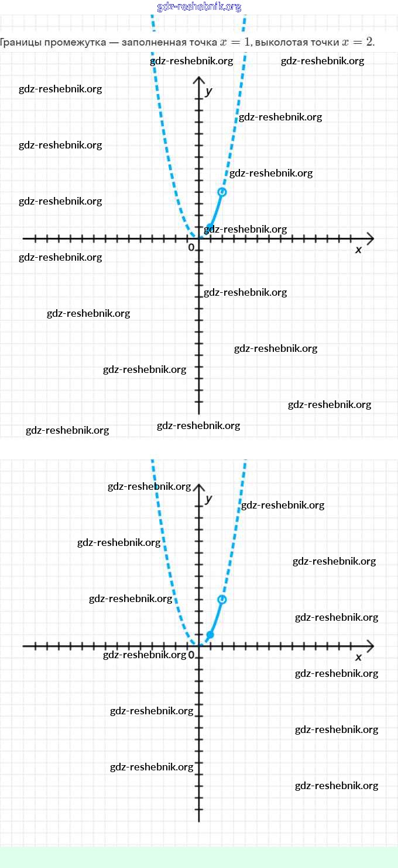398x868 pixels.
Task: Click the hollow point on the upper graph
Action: click(222, 192)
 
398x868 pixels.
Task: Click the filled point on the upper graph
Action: click(210, 227)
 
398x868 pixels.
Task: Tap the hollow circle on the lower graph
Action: click(222, 599)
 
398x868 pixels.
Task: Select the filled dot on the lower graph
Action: click(210, 634)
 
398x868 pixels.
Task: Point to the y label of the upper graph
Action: click(209, 91)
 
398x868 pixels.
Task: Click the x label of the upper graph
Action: click(359, 250)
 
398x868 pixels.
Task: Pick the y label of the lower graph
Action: click(209, 499)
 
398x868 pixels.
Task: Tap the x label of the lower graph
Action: click(359, 657)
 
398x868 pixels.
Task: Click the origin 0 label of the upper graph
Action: click(191, 248)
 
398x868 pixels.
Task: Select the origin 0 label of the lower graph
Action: click(191, 655)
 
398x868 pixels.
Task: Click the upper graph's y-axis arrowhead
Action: click(199, 80)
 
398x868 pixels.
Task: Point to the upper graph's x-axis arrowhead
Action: click(369, 238)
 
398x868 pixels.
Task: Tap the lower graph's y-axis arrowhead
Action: click(199, 487)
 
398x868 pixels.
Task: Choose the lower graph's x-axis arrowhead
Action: click(369, 646)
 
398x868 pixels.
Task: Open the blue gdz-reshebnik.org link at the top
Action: click(199, 7)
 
